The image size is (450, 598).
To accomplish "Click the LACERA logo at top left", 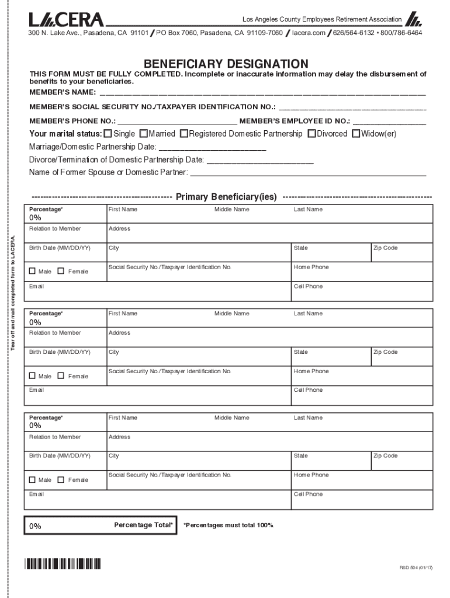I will point(67,20).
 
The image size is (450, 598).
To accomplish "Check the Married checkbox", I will point(144,134).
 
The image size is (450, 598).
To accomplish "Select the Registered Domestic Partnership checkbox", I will point(184,134).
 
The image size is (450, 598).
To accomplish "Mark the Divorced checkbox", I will point(312,134).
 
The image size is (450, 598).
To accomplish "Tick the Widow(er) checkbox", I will point(356,134).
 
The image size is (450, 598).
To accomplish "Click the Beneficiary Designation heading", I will point(226,64).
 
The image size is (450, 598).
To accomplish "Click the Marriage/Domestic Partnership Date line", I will point(213,147).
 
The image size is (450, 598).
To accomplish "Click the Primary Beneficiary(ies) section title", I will point(226,197).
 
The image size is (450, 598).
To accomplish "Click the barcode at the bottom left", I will point(63,564).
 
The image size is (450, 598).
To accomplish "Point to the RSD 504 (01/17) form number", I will point(420,568).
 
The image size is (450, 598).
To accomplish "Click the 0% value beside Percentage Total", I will point(36,526).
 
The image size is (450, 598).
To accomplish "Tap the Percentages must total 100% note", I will point(229,526).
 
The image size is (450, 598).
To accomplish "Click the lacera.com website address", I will point(309,33).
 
